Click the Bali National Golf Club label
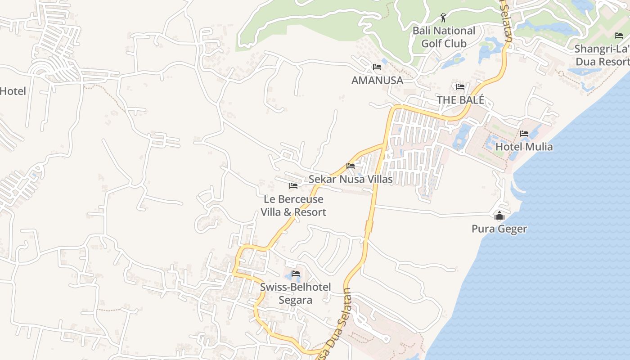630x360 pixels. click(x=444, y=37)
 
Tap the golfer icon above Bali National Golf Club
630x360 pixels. click(x=444, y=18)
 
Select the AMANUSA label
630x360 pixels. click(x=377, y=80)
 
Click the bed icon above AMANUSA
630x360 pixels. click(x=377, y=67)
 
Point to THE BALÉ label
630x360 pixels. click(x=460, y=100)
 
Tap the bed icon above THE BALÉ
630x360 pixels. click(x=460, y=87)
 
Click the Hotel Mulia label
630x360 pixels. click(x=524, y=147)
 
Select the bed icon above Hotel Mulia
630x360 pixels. click(x=524, y=134)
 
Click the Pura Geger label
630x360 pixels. click(x=499, y=229)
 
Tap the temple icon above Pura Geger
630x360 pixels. click(x=499, y=216)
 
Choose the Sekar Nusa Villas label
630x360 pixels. click(x=351, y=179)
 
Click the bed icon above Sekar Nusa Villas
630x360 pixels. click(x=351, y=166)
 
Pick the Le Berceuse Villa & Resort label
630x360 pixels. click(x=293, y=205)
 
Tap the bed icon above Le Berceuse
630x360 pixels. click(x=293, y=185)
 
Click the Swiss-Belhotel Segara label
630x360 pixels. click(x=295, y=293)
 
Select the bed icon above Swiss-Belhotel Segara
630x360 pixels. click(x=296, y=273)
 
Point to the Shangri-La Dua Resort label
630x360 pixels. click(x=602, y=55)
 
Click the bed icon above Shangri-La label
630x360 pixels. click(x=619, y=35)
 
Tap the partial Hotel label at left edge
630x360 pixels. click(x=13, y=91)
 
